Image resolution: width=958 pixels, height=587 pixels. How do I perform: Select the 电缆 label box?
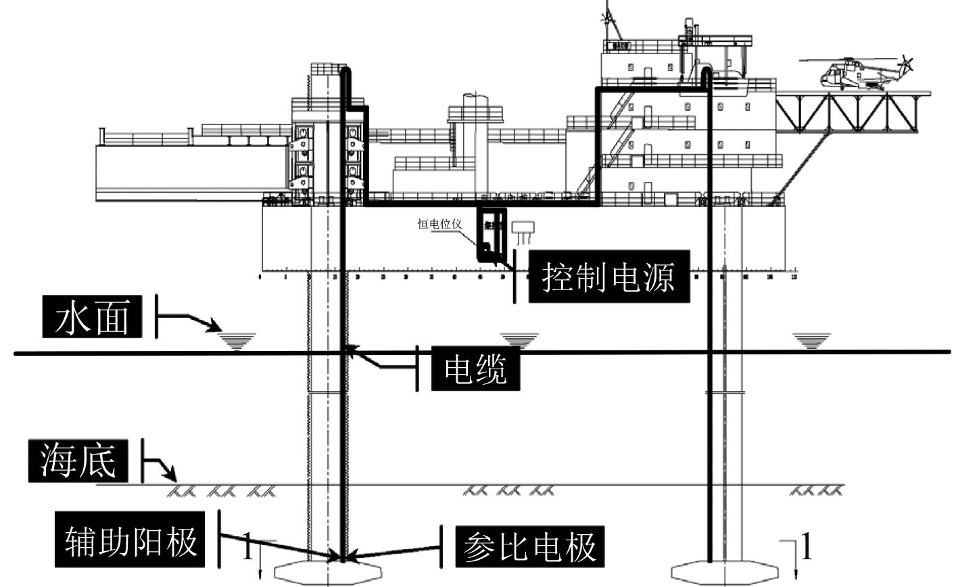click(475, 369)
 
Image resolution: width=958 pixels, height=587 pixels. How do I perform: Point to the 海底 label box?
click(78, 461)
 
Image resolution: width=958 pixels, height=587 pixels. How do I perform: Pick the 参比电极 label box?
click(529, 546)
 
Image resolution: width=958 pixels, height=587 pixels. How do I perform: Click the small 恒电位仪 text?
click(438, 224)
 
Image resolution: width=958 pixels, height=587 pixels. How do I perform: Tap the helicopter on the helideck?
click(855, 72)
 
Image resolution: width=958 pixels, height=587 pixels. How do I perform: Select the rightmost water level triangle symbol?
click(811, 339)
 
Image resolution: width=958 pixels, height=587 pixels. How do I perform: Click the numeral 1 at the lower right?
click(805, 547)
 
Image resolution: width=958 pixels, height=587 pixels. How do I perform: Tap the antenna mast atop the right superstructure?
click(611, 20)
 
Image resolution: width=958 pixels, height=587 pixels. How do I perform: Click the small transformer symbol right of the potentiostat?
click(524, 231)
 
